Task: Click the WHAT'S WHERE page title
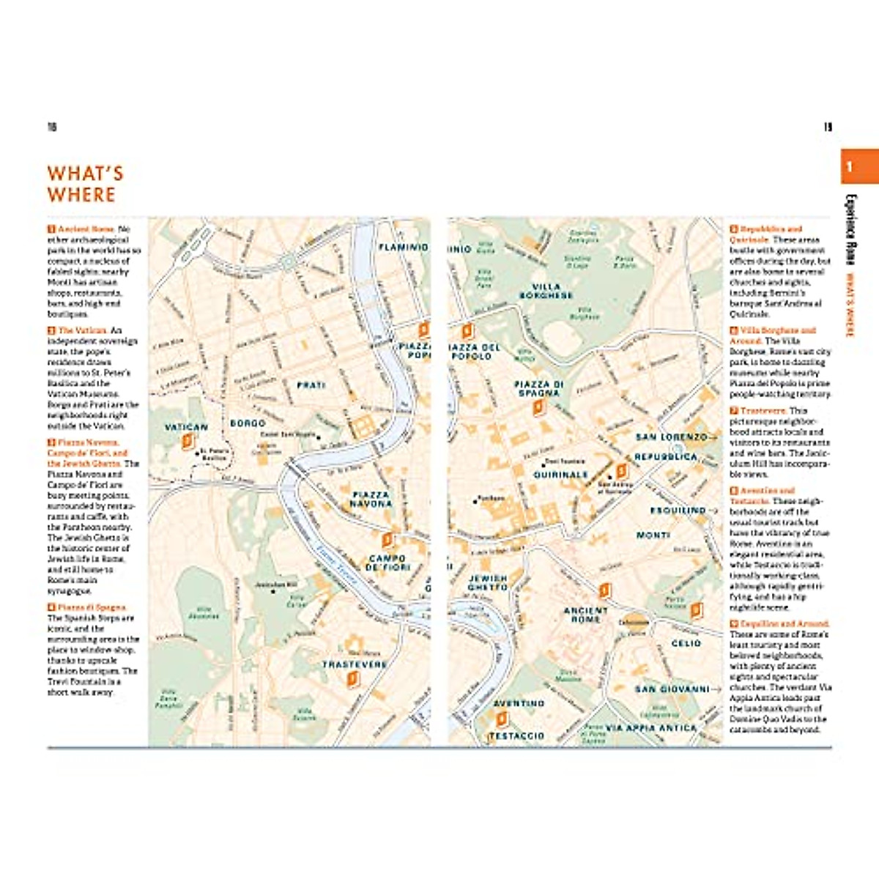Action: (85, 184)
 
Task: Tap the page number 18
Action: (52, 127)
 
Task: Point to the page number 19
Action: (828, 127)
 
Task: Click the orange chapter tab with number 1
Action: (850, 167)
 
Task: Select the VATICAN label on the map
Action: (186, 427)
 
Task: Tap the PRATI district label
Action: (311, 385)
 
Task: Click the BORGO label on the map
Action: (248, 423)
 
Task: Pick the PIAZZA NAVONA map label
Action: (371, 500)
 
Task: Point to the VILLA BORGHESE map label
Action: (546, 291)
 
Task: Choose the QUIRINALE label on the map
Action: (560, 475)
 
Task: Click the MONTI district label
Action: (653, 535)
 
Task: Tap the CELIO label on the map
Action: (686, 643)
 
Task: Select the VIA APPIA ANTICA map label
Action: (651, 728)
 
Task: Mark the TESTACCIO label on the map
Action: (516, 735)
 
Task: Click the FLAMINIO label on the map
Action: (403, 248)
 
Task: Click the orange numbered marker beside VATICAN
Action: (188, 440)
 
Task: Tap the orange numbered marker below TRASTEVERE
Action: (353, 679)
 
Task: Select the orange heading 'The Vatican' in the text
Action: (82, 330)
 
